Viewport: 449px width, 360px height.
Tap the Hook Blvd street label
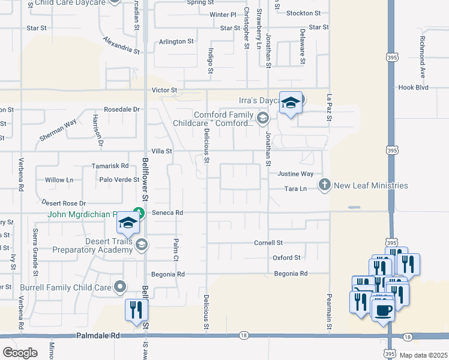pyautogui.click(x=414, y=87)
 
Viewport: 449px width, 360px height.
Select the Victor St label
pyautogui.click(x=164, y=90)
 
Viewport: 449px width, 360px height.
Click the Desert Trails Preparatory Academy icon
pyautogui.click(x=142, y=244)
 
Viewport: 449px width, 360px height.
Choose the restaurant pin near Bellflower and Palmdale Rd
pyautogui.click(x=136, y=311)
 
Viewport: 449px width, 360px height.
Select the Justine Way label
pyautogui.click(x=295, y=174)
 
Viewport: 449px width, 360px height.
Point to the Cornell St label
pyautogui.click(x=268, y=243)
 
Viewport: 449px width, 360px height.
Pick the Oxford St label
pyautogui.click(x=286, y=258)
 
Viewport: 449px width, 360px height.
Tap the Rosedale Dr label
pyautogui.click(x=121, y=109)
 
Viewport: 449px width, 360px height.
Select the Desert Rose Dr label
pyautogui.click(x=64, y=203)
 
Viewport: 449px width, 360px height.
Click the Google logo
pyautogui.click(x=20, y=353)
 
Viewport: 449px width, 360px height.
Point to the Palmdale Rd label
pyautogui.click(x=96, y=337)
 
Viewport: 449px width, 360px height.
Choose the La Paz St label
pyautogui.click(x=329, y=106)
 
